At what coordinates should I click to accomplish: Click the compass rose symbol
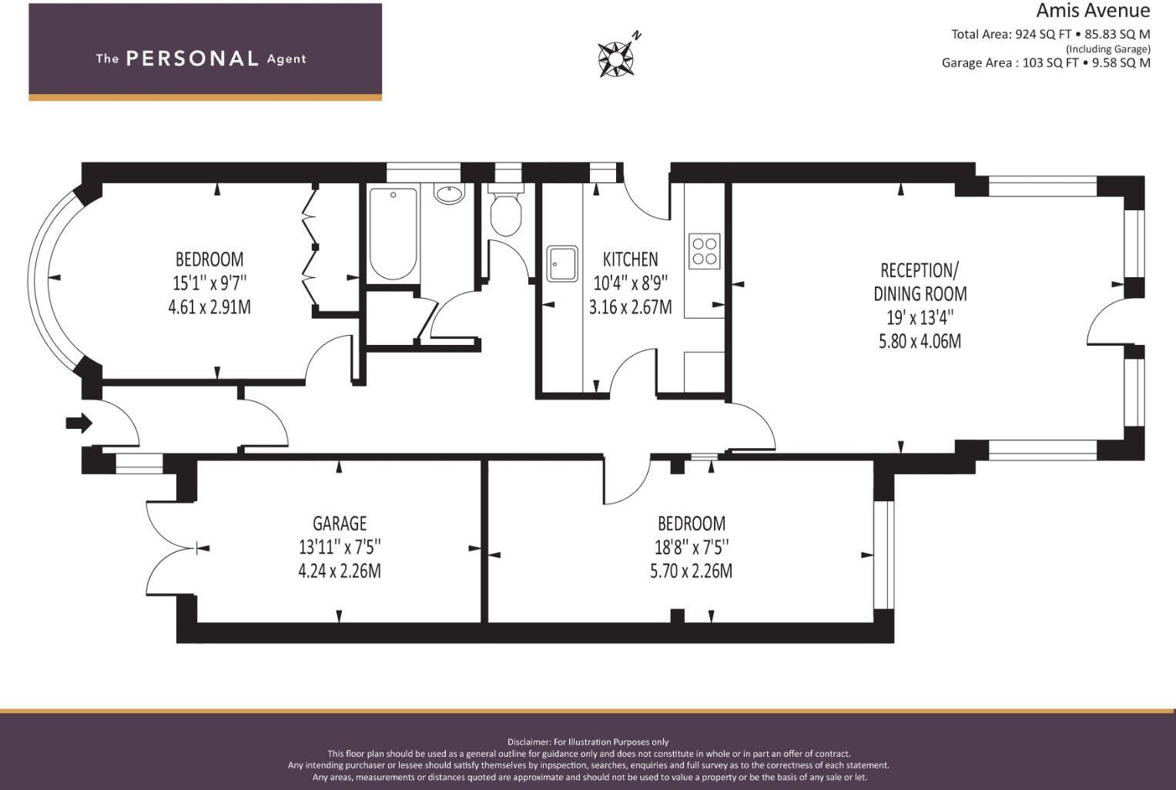[x=616, y=59]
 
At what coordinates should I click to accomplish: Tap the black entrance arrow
[x=79, y=423]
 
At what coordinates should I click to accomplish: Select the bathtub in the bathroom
[x=394, y=233]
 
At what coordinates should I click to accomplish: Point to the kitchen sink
[x=561, y=263]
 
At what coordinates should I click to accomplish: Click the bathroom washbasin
[x=449, y=194]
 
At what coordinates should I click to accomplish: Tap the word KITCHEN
[x=630, y=259]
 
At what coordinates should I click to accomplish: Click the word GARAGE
[x=340, y=524]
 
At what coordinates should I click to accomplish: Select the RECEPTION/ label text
[x=920, y=271]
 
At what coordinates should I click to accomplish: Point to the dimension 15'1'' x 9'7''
[x=209, y=283]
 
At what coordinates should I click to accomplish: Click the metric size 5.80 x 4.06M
[x=920, y=341]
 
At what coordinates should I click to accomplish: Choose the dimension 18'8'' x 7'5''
[x=692, y=547]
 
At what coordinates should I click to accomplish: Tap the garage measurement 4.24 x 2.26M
[x=340, y=571]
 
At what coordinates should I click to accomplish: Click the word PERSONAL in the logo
[x=193, y=59]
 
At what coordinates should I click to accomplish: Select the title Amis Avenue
[x=1093, y=11]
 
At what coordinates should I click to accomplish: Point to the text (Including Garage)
[x=1107, y=49]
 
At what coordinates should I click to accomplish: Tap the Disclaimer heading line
[x=588, y=741]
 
